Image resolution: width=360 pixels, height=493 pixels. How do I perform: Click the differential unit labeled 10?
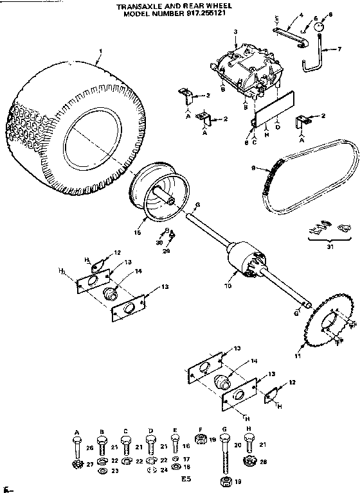[248, 260]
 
